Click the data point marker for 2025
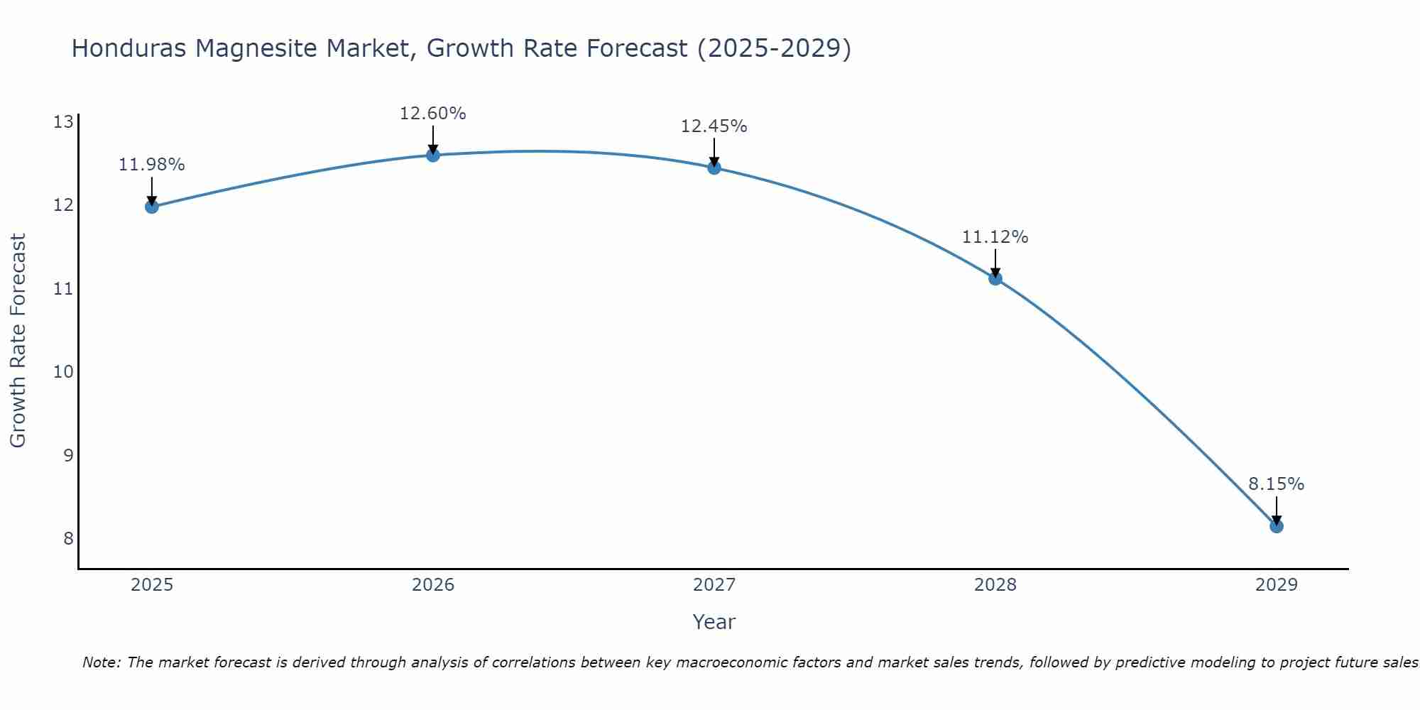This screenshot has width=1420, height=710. click(x=151, y=207)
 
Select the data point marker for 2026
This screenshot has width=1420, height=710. click(x=432, y=155)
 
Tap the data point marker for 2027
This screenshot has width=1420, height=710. click(x=714, y=168)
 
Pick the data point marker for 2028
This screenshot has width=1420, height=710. click(x=995, y=278)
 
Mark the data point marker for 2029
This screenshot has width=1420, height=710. click(x=1276, y=526)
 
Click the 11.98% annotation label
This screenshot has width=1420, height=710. click(x=151, y=165)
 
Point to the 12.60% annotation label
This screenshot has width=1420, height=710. click(x=432, y=114)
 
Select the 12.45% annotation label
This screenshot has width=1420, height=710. click(x=714, y=126)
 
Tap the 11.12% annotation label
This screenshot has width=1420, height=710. click(x=995, y=237)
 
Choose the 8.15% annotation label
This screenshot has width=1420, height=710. click(x=1276, y=484)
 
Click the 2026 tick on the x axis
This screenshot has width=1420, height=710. click(x=433, y=585)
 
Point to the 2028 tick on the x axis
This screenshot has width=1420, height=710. click(x=995, y=585)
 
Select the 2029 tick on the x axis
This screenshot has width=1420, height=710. click(x=1276, y=585)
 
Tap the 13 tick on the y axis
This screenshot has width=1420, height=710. click(x=63, y=122)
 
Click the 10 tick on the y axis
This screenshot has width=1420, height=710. click(x=63, y=372)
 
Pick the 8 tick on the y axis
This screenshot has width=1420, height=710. click(x=68, y=538)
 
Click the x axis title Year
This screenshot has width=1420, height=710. click(x=714, y=622)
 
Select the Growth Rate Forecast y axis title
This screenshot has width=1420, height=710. click(x=18, y=341)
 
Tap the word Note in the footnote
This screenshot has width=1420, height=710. click(x=101, y=662)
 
